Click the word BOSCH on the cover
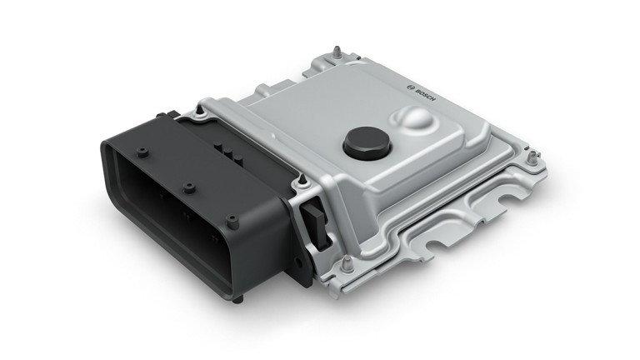tap(425, 95)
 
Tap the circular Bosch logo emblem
tap(411, 87)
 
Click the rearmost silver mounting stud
tap(337, 52)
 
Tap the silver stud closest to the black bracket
tap(347, 265)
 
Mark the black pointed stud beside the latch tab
tap(302, 180)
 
